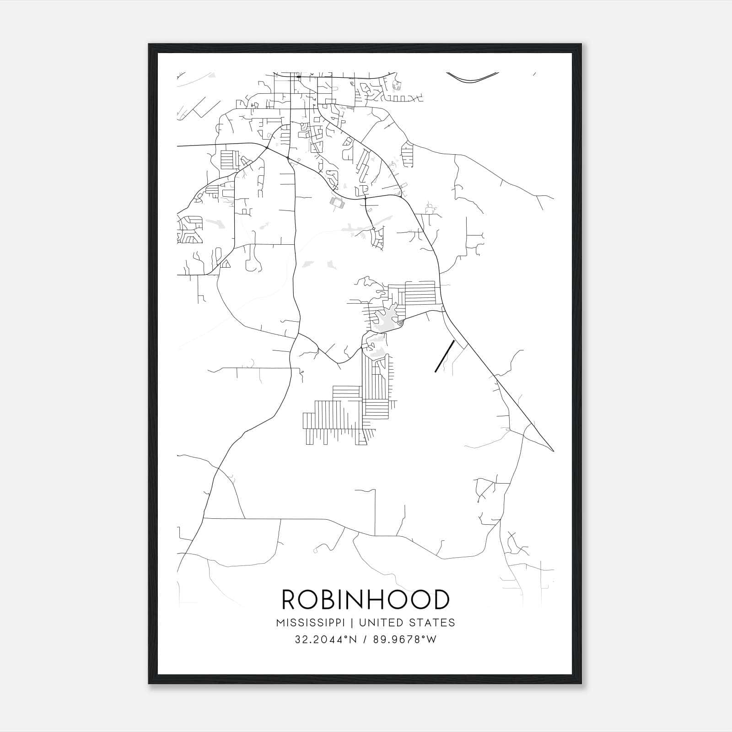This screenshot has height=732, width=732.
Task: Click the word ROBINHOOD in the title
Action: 366,600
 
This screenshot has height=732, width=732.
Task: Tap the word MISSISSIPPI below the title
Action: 314,623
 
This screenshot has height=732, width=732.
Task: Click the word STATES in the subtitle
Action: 431,623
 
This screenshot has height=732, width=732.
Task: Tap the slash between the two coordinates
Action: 364,640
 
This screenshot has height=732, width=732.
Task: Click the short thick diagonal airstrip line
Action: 444,356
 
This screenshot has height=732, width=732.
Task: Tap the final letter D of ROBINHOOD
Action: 440,600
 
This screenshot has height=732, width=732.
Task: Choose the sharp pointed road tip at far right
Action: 553,451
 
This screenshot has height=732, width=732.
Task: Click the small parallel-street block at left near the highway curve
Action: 227,159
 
